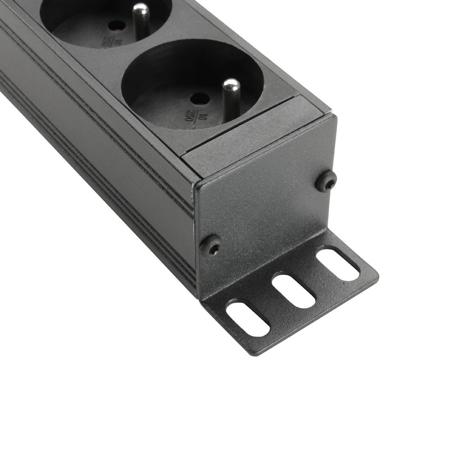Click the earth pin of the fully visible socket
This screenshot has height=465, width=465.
pyautogui.click(x=231, y=99)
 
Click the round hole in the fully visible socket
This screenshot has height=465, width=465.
pyautogui.click(x=200, y=99)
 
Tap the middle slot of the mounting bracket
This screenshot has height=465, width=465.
pyautogui.click(x=294, y=291)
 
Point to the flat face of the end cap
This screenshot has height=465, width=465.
pyautogui.click(x=265, y=205)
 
